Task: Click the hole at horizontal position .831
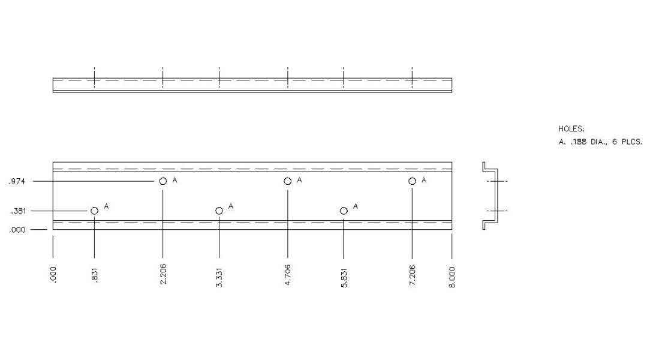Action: pyautogui.click(x=94, y=211)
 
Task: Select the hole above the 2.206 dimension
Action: pyautogui.click(x=163, y=181)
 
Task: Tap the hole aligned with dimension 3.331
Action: pyautogui.click(x=219, y=211)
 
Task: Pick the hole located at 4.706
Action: pyautogui.click(x=288, y=181)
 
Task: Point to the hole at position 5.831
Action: pyautogui.click(x=344, y=211)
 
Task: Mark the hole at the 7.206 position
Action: pyautogui.click(x=412, y=181)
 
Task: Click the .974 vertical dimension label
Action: pyautogui.click(x=17, y=181)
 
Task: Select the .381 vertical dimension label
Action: pyautogui.click(x=17, y=211)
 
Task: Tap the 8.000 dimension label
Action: pyautogui.click(x=452, y=277)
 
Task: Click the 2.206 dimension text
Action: pyautogui.click(x=163, y=275)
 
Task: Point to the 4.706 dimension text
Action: pyautogui.click(x=288, y=275)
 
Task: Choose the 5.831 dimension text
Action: pyautogui.click(x=344, y=275)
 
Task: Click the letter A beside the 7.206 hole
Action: pyautogui.click(x=424, y=180)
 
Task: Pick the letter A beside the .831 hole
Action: pyautogui.click(x=106, y=206)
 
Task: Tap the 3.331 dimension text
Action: pyautogui.click(x=219, y=275)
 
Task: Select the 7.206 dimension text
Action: pyautogui.click(x=412, y=275)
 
